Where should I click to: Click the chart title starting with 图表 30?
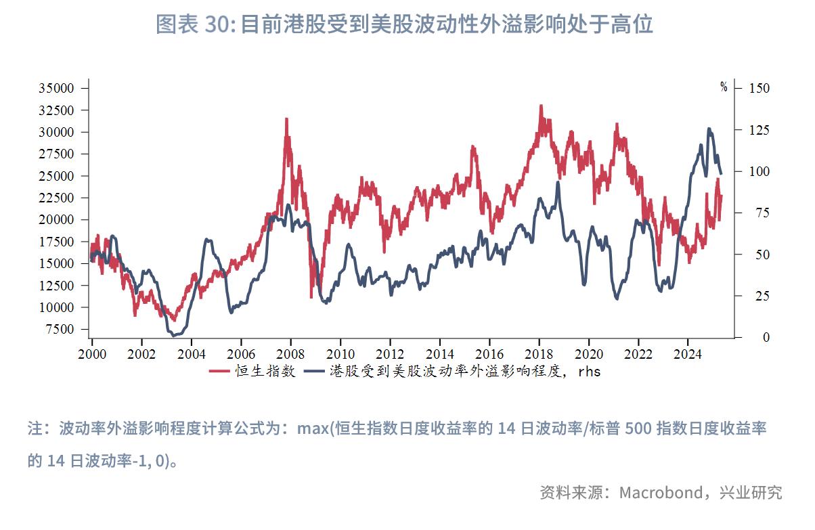pyautogui.click(x=404, y=24)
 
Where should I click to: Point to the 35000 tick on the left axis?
pyautogui.click(x=56, y=89)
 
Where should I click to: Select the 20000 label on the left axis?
pyautogui.click(x=56, y=220)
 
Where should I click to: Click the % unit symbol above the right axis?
pyautogui.click(x=724, y=87)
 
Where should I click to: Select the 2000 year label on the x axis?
pyautogui.click(x=91, y=354)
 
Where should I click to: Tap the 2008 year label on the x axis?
pyautogui.click(x=290, y=354)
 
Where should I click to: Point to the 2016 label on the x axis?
pyautogui.click(x=489, y=354)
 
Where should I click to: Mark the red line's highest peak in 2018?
pyautogui.click(x=541, y=106)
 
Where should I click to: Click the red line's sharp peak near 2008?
pyautogui.click(x=286, y=119)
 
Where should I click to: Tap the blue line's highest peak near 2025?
pyautogui.click(x=709, y=128)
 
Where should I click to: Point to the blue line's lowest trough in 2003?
pyautogui.click(x=173, y=335)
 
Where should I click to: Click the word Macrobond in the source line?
pyautogui.click(x=661, y=493)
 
